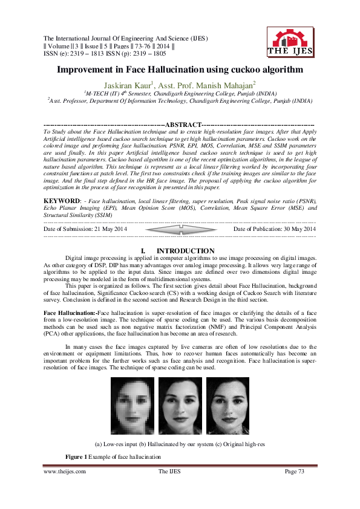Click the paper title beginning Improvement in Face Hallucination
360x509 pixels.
(x=180, y=70)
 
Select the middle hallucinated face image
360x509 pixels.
(x=180, y=404)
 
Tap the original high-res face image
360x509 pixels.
(x=227, y=404)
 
